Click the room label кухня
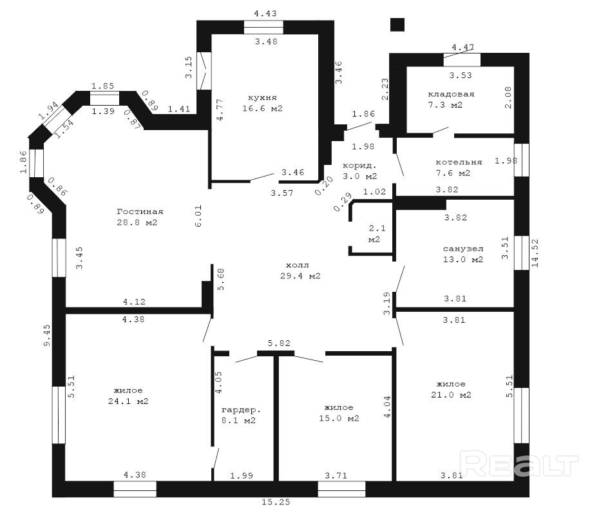coord(263,97)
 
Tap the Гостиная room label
coord(140,212)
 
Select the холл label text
coord(298,265)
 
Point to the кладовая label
coord(452,94)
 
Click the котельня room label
coord(459,162)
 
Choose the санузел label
coord(463,249)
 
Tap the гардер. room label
coord(241,410)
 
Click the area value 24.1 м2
coord(128,401)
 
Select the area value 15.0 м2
coord(339,418)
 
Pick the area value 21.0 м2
coord(452,394)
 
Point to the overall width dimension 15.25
coord(276,502)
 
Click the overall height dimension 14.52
coord(535,253)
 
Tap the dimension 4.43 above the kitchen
coord(265,14)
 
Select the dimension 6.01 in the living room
coord(198,216)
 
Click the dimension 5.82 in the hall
coord(279,343)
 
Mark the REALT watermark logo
coord(519,463)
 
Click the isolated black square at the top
coord(397,24)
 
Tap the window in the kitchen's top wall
coord(263,27)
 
